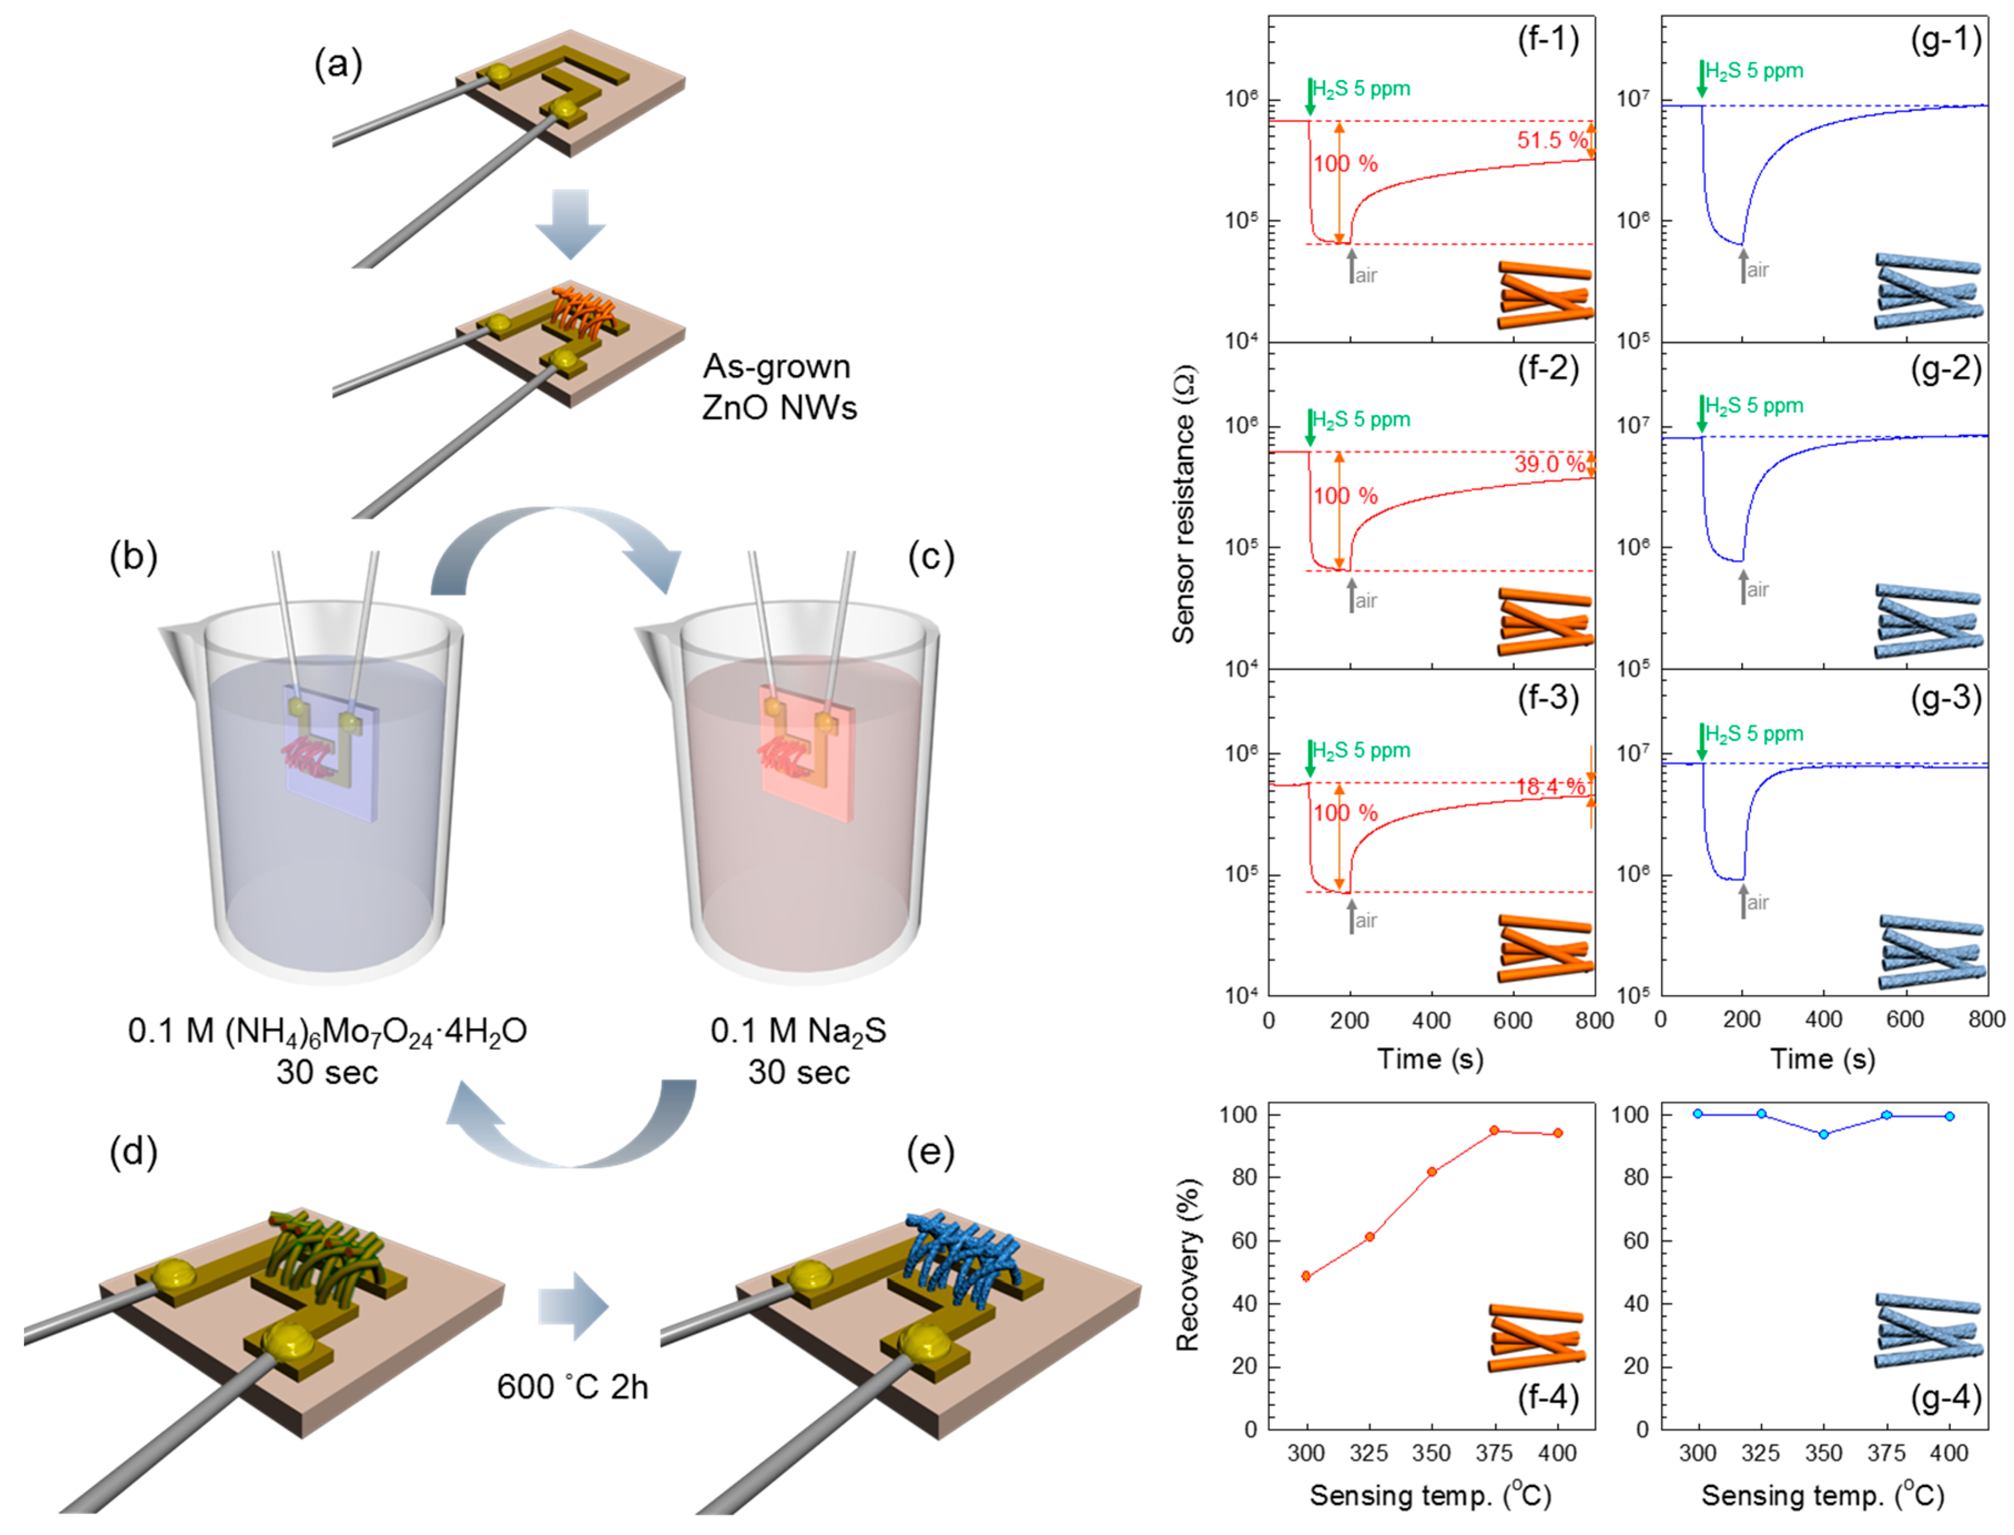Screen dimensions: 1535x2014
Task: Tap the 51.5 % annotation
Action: pos(1552,140)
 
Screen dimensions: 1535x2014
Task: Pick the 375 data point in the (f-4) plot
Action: pos(1494,1130)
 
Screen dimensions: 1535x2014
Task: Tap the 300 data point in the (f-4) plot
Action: pos(1306,1277)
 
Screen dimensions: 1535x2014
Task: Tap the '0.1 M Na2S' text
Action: pos(799,1031)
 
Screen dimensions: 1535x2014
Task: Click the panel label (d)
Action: pos(133,1152)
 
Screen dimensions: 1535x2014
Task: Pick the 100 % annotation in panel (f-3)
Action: pos(1345,812)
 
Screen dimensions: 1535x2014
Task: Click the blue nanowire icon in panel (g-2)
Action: pos(1927,621)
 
